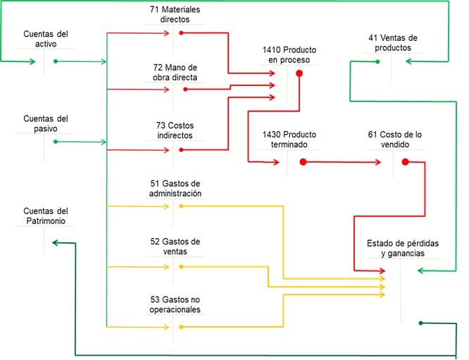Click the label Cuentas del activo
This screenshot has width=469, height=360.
pyautogui.click(x=46, y=39)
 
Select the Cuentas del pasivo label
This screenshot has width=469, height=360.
pyautogui.click(x=46, y=123)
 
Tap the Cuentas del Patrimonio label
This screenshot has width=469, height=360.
pyautogui.click(x=46, y=216)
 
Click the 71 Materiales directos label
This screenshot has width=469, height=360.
pyautogui.click(x=175, y=15)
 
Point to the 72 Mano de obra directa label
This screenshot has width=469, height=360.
pyautogui.click(x=175, y=72)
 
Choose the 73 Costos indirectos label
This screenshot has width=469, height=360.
pyautogui.click(x=174, y=130)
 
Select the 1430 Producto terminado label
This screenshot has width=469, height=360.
pyautogui.click(x=289, y=139)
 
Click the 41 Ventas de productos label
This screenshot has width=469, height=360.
pyautogui.click(x=393, y=42)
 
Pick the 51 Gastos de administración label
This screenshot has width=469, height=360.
pyautogui.click(x=175, y=188)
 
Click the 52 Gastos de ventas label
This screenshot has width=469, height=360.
pyautogui.click(x=175, y=247)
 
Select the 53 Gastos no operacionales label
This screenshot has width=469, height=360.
pyautogui.click(x=175, y=304)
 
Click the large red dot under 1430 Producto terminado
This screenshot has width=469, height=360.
pyautogui.click(x=303, y=162)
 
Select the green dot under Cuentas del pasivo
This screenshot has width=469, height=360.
pyautogui.click(x=54, y=142)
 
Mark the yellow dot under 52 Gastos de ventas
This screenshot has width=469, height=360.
pyautogui.click(x=181, y=267)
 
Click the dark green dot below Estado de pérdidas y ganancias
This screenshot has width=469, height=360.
pyautogui.click(x=420, y=323)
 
